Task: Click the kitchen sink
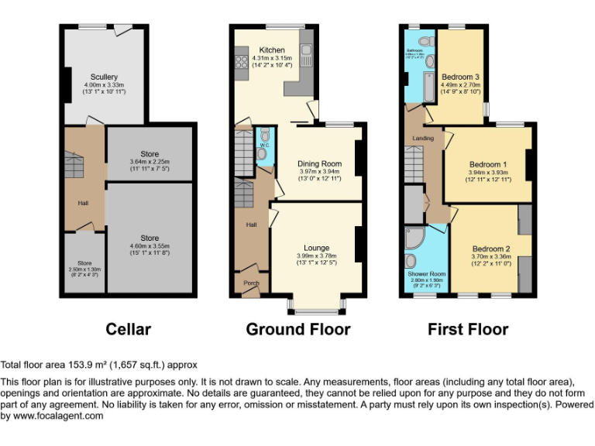306,55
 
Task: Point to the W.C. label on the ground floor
263,144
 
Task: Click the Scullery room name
104,77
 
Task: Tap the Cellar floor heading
128,329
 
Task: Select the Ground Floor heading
297,329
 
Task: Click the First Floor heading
468,329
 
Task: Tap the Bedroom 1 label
488,164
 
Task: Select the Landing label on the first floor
422,139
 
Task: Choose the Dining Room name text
320,163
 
